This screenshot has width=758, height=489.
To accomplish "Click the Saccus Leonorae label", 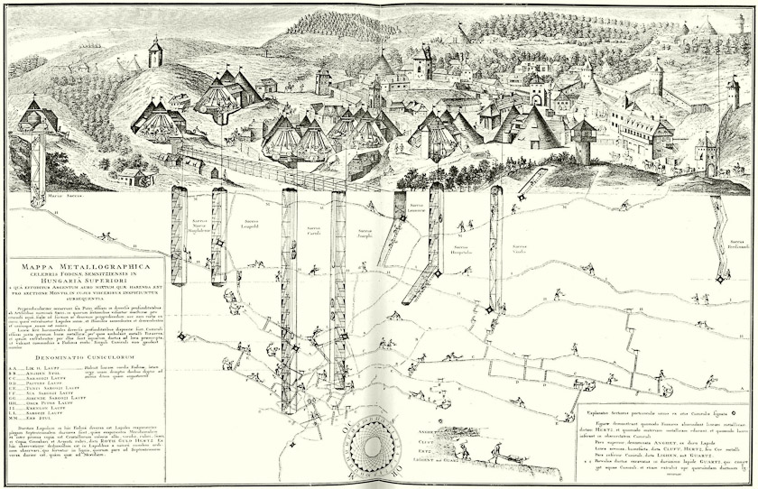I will point(418,219).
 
